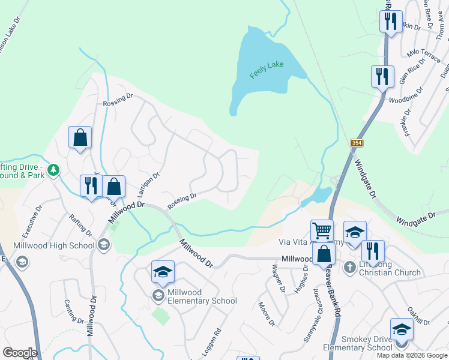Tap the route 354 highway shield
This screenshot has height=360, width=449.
[357, 143]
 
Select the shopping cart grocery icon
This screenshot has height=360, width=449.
[322, 230]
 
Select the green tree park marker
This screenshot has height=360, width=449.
[54, 170]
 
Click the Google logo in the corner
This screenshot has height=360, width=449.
[20, 353]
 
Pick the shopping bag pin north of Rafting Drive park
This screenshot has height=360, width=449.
[80, 138]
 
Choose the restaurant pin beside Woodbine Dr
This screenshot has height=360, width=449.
[382, 77]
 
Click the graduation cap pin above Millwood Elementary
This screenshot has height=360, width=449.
[162, 272]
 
